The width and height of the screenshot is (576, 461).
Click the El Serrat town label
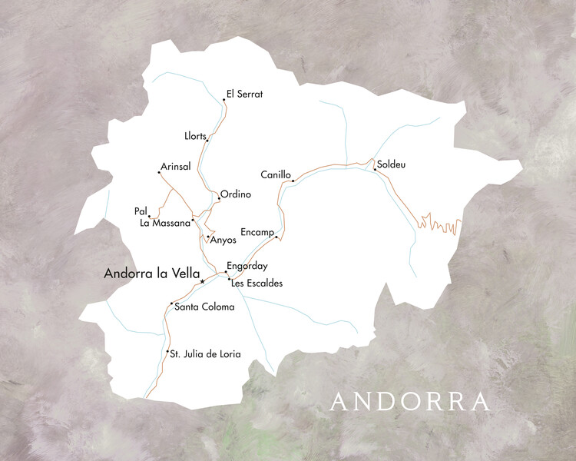(x=244, y=95)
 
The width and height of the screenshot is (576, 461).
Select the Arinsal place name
(x=175, y=167)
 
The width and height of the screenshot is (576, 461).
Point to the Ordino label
(x=236, y=194)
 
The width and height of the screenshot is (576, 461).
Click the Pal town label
(x=140, y=211)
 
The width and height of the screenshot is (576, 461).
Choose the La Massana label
(x=164, y=224)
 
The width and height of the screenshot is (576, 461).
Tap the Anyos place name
(x=223, y=240)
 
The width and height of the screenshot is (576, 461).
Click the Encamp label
(x=257, y=231)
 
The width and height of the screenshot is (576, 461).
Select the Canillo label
(x=276, y=175)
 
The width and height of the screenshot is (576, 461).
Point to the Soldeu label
(x=391, y=164)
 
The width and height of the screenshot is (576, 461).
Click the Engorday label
(x=247, y=267)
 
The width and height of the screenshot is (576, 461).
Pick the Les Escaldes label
(x=257, y=284)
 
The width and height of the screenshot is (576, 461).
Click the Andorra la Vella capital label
(x=151, y=273)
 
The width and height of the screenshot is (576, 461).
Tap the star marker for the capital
(x=202, y=282)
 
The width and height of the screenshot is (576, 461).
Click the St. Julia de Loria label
(x=205, y=354)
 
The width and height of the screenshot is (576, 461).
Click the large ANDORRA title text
(x=410, y=402)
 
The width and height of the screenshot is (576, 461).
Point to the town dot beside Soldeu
(x=375, y=169)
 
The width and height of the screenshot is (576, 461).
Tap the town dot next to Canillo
(x=293, y=181)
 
